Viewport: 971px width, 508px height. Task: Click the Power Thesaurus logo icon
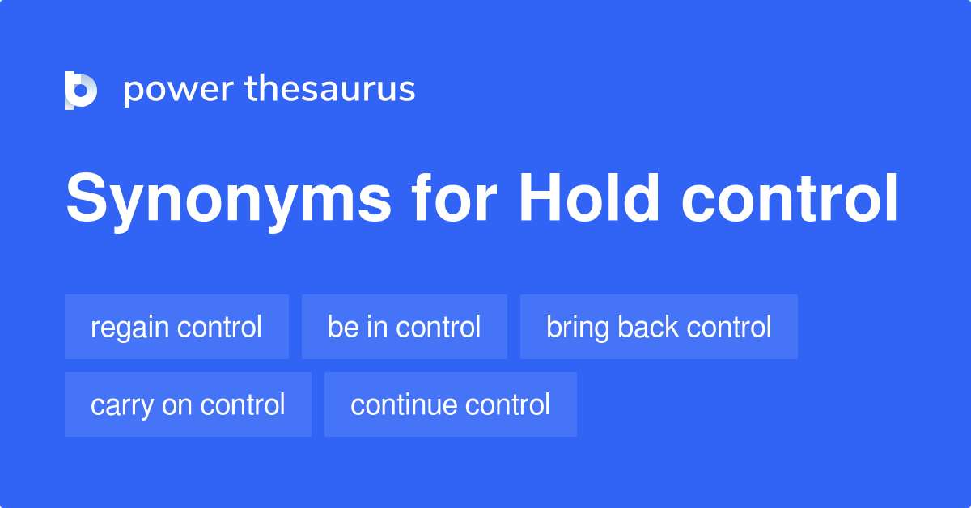(81, 90)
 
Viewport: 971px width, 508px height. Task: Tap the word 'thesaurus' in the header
(331, 89)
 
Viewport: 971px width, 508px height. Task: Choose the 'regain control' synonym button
(176, 327)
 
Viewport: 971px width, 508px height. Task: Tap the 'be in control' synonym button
(404, 327)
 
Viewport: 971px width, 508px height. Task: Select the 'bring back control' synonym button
(659, 327)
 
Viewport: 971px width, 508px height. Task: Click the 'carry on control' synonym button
(188, 404)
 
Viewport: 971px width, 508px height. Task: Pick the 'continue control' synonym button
(450, 404)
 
